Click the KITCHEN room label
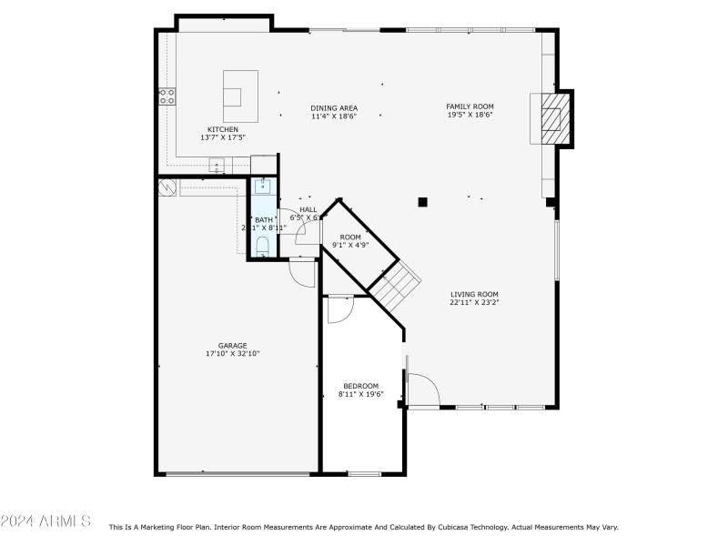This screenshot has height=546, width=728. pos(223,129)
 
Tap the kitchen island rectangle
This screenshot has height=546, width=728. pos(240,96)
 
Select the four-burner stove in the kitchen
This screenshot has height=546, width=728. pos(167,96)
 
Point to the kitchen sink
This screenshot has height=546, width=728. pos(217,165)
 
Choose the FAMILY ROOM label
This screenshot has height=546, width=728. pos(470,106)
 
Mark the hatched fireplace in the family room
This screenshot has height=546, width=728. pos(552,118)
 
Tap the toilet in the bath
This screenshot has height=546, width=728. pos(262,245)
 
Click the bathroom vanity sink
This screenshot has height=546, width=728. pos(261,187)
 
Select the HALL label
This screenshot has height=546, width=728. pos(308,209)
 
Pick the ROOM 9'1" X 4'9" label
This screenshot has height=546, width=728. pos(350,238)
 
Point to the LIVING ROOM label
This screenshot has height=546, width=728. pos(474,294)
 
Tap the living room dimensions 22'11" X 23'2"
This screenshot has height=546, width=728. pos(474,302)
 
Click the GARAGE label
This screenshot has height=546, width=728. pos(232,346)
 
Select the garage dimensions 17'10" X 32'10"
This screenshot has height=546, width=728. pos(232,354)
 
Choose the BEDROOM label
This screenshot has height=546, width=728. pos(360,386)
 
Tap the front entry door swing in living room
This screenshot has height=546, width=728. pos(424,390)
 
